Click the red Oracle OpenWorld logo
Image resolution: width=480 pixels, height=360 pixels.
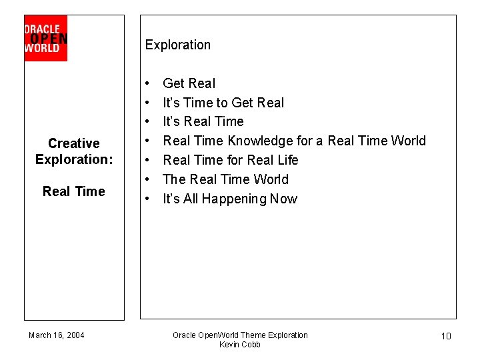(45, 39)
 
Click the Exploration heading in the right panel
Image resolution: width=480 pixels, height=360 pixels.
(177, 45)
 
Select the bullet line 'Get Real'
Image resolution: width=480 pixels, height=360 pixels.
(189, 83)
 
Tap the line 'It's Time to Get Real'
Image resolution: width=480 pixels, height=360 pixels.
(223, 103)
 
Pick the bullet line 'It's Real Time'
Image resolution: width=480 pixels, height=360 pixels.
(203, 121)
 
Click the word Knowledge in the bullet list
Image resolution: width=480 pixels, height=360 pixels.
(261, 141)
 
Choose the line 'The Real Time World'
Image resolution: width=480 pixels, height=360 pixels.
(225, 179)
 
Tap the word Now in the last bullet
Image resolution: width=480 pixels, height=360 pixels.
(283, 199)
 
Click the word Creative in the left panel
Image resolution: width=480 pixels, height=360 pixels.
(74, 143)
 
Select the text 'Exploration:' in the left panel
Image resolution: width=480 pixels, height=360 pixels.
(74, 159)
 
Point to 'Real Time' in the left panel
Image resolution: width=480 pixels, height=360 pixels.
(74, 191)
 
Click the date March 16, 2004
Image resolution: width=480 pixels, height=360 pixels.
(57, 335)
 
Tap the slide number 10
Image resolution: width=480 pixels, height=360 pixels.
(446, 336)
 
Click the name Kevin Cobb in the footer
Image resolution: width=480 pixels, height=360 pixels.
(240, 345)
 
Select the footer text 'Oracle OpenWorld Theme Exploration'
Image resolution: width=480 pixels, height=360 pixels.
(240, 335)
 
